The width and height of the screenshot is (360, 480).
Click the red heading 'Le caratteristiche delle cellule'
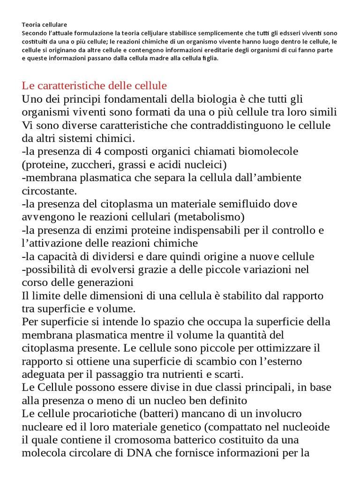(94, 86)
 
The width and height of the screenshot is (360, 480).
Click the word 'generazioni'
(104, 283)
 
